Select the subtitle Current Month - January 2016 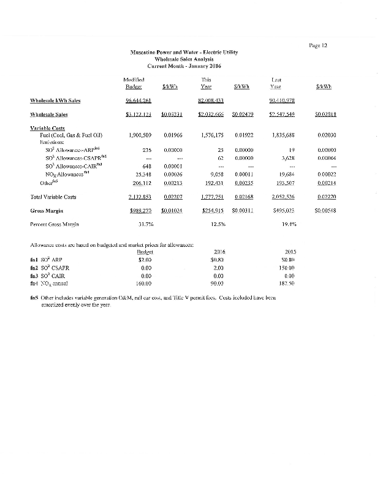click(x=184, y=66)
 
